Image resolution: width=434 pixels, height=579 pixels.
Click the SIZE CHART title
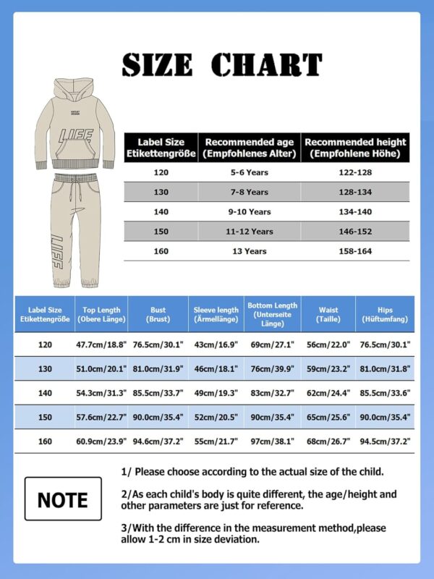(221, 64)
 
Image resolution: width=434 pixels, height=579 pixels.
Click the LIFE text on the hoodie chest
(76, 135)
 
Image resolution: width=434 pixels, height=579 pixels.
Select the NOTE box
(63, 499)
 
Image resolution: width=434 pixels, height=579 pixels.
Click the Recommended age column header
(249, 148)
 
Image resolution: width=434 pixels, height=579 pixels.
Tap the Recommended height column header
(355, 148)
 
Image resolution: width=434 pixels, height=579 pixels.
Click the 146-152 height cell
(355, 232)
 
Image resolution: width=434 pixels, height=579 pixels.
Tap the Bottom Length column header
(272, 314)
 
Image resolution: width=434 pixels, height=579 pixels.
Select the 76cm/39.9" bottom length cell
(272, 369)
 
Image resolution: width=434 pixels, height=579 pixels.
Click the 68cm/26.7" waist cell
(328, 441)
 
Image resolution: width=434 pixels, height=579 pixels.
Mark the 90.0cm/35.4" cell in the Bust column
(158, 417)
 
